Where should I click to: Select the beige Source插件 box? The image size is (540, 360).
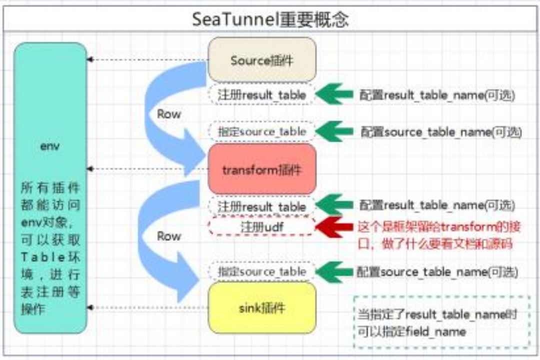[x=262, y=60]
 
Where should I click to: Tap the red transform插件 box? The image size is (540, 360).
[x=262, y=169]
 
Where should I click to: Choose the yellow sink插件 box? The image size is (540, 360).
[x=262, y=307]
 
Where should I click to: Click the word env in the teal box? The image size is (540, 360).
[x=50, y=147]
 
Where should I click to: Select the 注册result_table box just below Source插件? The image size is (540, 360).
[x=262, y=94]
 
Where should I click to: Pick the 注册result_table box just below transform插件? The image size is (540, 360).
[x=262, y=206]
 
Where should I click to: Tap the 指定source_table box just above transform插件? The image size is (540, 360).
[x=262, y=131]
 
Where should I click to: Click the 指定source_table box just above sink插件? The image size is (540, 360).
[x=262, y=271]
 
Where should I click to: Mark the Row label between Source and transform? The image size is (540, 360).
[x=169, y=114]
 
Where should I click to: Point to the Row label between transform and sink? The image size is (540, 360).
[x=169, y=235]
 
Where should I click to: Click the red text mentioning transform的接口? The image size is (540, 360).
[x=439, y=235]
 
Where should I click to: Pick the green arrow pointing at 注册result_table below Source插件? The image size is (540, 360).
[x=334, y=94]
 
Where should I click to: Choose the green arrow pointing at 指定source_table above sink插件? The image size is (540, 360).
[x=334, y=272]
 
